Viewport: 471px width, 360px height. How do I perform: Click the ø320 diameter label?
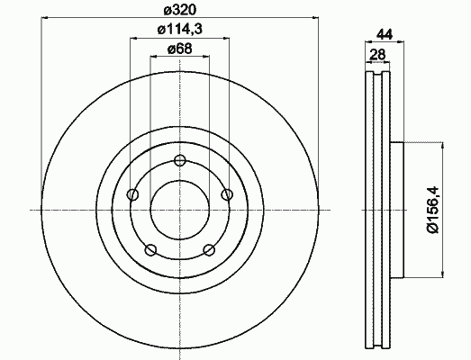coord(179,10)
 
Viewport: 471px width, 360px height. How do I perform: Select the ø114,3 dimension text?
coord(179,29)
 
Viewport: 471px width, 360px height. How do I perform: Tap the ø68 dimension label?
coord(179,49)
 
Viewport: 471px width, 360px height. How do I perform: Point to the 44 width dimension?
coord(385,34)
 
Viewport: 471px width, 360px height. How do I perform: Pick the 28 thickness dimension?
coord(377,54)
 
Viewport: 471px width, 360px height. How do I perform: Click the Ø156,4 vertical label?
coord(432,210)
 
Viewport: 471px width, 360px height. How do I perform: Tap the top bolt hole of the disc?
coord(179,160)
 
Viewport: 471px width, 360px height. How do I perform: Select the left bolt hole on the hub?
coord(132,194)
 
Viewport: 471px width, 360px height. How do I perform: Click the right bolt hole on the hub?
coord(227,194)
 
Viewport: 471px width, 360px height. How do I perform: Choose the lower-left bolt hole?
coord(150,250)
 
